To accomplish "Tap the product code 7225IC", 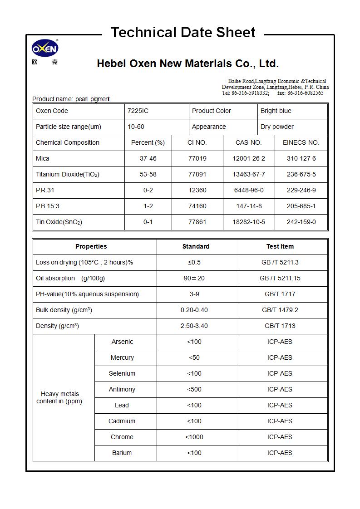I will [x=138, y=111].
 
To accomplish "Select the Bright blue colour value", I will [x=276, y=111].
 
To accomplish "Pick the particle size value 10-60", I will [x=136, y=127].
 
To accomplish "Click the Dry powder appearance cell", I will [x=277, y=127].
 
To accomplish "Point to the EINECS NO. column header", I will [x=301, y=142].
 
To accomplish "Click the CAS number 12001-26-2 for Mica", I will [x=248, y=158].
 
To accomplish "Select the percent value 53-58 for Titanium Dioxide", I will [x=148, y=174].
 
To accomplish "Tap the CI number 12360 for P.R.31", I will [x=197, y=190].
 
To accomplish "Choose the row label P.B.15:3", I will [x=48, y=206].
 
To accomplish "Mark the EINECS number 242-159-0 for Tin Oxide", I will [x=301, y=222].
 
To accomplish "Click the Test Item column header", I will [x=280, y=246].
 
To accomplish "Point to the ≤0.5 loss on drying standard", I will [x=194, y=262].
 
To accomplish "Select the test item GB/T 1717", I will [x=280, y=294].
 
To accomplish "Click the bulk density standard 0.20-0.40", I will [x=194, y=310].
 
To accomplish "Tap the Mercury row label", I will [x=122, y=357].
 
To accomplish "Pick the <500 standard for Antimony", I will [x=194, y=389].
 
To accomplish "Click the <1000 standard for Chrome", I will [x=194, y=437].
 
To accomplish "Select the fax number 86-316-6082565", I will [x=305, y=93].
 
